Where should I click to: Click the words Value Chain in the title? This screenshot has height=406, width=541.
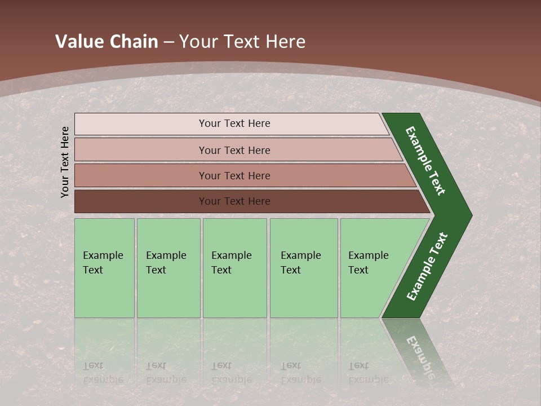107,42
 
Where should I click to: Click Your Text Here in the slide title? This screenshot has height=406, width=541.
242,42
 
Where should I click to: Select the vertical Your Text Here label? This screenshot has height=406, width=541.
65,161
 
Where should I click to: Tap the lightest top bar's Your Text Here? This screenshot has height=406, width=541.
234,123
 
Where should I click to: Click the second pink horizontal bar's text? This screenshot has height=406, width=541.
234,150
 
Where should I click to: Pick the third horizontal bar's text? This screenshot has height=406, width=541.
234,175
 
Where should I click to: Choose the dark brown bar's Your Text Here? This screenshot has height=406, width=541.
234,201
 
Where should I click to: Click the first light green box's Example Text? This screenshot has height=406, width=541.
103,263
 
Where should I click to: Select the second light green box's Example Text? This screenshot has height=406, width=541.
166,263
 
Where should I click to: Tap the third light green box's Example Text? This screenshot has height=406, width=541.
231,263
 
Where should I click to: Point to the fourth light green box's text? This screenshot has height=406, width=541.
300,263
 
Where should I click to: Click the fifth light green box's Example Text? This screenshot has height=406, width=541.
368,263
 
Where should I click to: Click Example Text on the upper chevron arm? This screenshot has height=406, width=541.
425,161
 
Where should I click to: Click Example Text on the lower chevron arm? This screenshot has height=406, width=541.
427,267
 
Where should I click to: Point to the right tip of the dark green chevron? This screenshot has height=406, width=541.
471,215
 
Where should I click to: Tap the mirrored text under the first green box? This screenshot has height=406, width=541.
103,373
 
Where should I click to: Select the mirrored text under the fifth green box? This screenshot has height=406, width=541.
368,373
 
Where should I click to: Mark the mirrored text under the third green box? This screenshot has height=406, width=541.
231,373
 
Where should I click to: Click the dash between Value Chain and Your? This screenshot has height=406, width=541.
168,42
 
